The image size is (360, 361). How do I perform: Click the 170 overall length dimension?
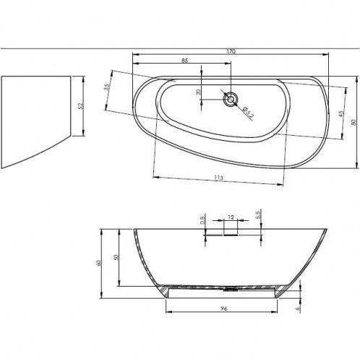coord(231,51)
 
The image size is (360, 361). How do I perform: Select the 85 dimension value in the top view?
coord(186,61)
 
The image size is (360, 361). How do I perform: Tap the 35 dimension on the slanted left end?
coord(106,88)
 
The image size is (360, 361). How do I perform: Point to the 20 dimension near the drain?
coord(199,92)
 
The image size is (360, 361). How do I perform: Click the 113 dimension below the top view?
coord(218,177)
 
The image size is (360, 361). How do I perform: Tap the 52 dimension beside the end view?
coord(82,105)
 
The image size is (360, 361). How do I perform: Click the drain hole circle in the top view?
coord(231,100)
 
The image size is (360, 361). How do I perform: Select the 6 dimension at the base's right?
coord(298,305)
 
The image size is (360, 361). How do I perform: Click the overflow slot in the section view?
coord(231,230)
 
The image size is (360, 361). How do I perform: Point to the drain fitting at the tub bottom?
coord(230,290)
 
